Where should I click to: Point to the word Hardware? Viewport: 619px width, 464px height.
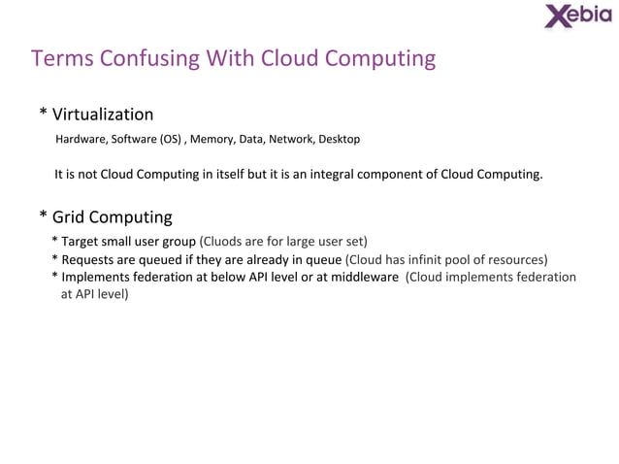(x=81, y=140)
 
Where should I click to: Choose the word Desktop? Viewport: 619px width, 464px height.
(x=340, y=140)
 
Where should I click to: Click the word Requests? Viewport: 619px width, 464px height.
(x=90, y=259)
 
